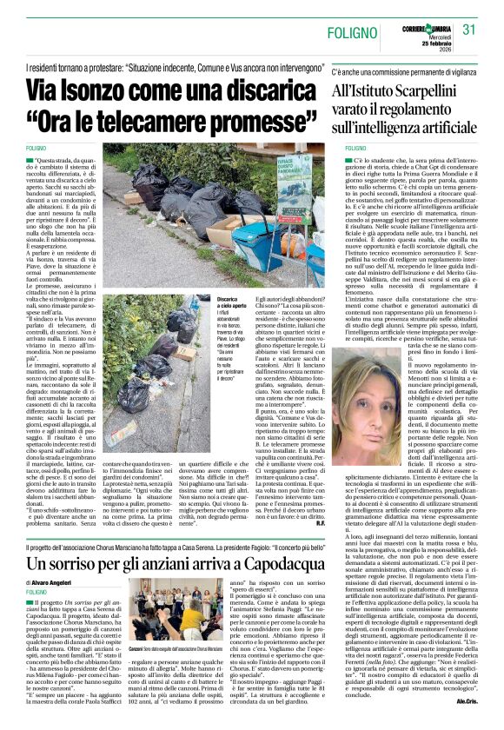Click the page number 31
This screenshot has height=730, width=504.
tap(469, 29)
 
